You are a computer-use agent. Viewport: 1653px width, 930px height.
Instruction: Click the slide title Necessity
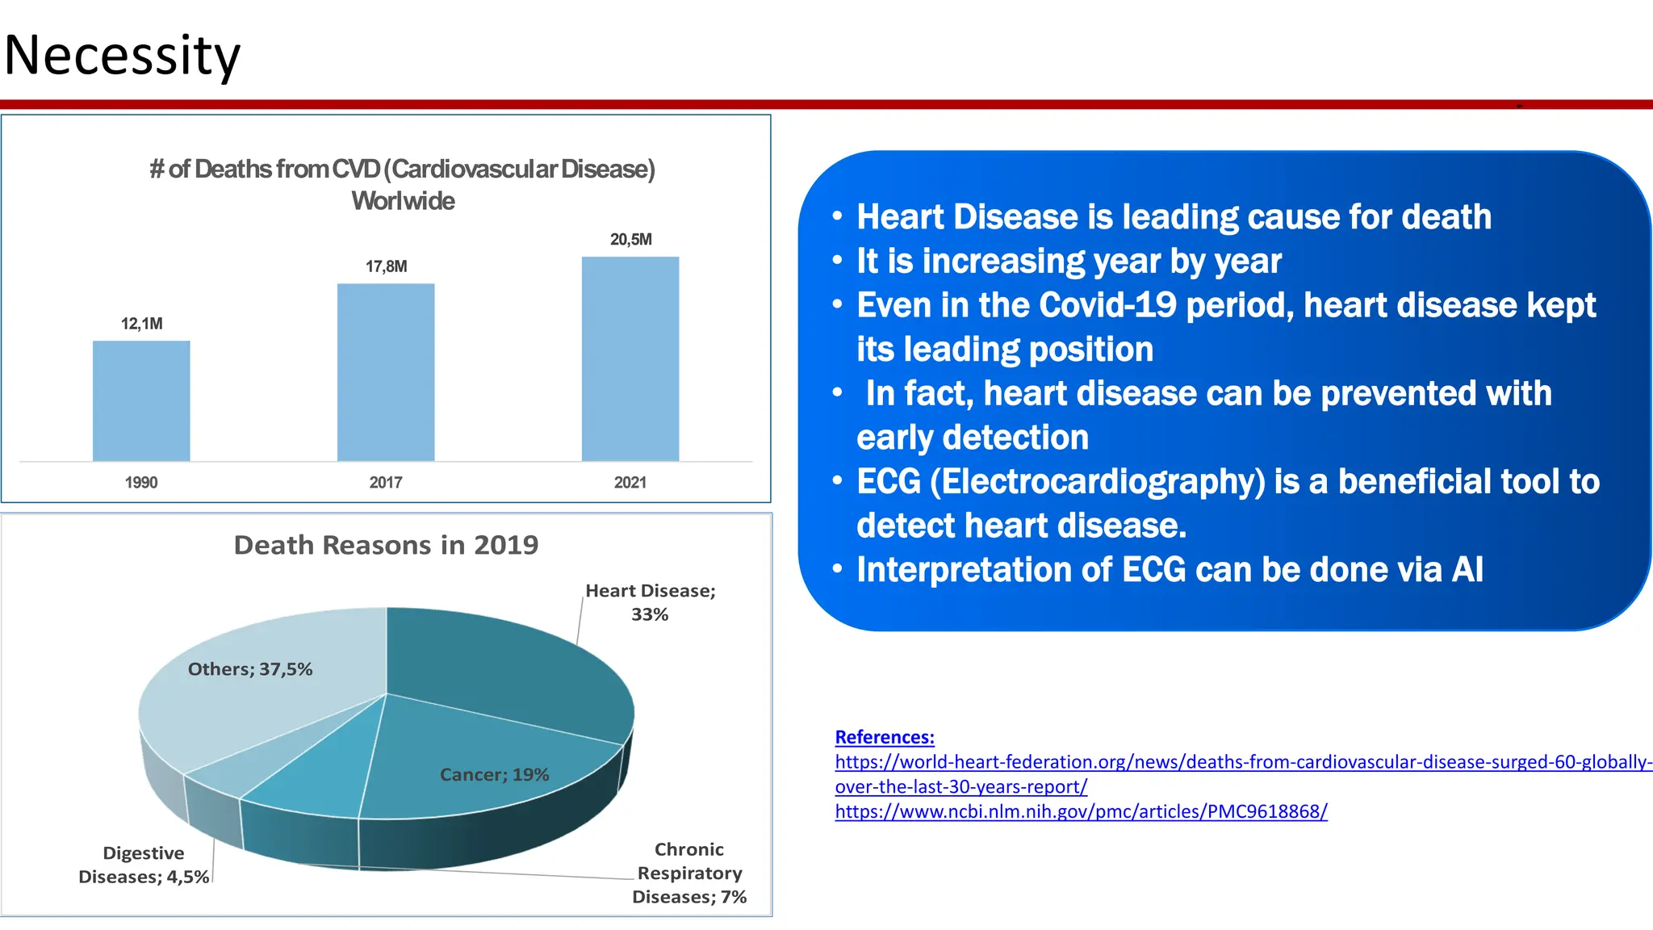[122, 56]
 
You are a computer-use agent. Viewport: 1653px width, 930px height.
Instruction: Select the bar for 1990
[141, 400]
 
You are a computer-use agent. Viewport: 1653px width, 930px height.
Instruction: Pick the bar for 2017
[386, 372]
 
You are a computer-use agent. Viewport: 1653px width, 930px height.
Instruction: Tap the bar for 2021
[630, 358]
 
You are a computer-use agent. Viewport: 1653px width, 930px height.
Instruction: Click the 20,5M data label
[630, 240]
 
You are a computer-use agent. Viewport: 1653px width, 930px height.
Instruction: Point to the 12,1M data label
[141, 324]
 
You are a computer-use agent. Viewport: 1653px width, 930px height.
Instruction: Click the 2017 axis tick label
[386, 483]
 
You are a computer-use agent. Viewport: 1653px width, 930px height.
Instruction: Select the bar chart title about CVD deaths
[402, 184]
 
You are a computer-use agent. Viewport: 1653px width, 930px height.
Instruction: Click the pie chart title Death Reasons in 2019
[386, 545]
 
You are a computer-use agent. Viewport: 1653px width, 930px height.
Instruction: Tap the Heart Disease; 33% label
[650, 602]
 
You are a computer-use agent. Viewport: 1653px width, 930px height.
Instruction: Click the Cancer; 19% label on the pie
[494, 775]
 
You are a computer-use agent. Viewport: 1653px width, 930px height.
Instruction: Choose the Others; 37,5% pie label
[249, 669]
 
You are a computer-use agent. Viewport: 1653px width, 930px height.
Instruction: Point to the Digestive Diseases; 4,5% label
[144, 865]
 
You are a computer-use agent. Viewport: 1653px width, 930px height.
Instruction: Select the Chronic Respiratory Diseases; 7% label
[688, 873]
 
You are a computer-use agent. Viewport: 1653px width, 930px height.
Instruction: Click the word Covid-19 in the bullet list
[1107, 306]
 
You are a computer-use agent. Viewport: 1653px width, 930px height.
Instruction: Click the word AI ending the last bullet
[1467, 570]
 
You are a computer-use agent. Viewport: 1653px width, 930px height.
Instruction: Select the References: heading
[885, 737]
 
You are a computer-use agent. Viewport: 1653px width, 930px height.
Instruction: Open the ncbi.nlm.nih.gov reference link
[1081, 811]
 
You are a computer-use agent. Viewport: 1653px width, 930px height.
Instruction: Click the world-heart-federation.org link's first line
[1243, 762]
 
